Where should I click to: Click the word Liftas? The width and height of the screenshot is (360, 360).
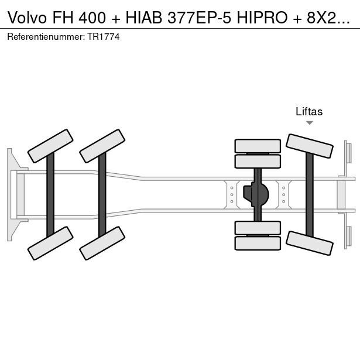pyautogui.click(x=309, y=112)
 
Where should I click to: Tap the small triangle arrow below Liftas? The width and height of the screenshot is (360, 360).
pyautogui.click(x=309, y=123)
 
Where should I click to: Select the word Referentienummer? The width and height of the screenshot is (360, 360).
pyautogui.click(x=46, y=36)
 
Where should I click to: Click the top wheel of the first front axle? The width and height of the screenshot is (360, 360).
pyautogui.click(x=50, y=146)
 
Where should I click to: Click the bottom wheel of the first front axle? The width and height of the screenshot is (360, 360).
pyautogui.click(x=50, y=243)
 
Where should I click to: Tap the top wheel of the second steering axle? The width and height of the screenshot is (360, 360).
pyautogui.click(x=102, y=146)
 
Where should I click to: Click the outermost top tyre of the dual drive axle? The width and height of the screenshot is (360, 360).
pyautogui.click(x=258, y=146)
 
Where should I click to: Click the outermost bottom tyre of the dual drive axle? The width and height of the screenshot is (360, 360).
pyautogui.click(x=258, y=243)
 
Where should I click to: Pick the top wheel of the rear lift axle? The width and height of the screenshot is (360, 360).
pyautogui.click(x=309, y=146)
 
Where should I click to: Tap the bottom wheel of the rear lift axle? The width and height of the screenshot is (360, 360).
pyautogui.click(x=309, y=242)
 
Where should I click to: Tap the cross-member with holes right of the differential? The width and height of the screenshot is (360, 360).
pyautogui.click(x=283, y=194)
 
